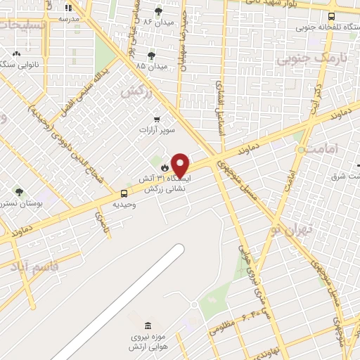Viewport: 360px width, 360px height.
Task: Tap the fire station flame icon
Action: [165, 168]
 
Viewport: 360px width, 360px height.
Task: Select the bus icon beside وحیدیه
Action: [124, 193]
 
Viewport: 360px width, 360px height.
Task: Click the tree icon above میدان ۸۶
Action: [157, 11]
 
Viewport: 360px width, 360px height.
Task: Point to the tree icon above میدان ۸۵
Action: [151, 56]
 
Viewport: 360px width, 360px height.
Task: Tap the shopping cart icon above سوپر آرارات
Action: [156, 119]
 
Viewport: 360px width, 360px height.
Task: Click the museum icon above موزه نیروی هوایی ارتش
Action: [147, 326]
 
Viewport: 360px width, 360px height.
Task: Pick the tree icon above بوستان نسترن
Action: [19, 191]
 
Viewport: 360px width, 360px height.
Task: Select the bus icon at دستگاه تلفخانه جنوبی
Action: [330, 16]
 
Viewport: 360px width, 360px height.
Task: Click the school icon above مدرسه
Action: [68, 8]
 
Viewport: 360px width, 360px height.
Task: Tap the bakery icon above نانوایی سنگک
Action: [15, 53]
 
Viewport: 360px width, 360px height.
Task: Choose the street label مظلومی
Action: [223, 325]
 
